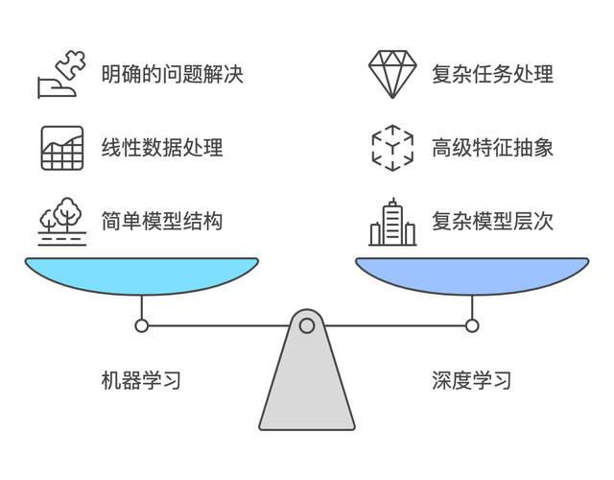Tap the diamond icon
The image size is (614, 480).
coord(392,74)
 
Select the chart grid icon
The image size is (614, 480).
coord(62,148)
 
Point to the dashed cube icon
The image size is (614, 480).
coord(392,148)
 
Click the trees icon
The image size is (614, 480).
coord(62,222)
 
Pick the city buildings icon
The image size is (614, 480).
coord(392,222)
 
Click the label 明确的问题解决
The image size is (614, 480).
coord(173,74)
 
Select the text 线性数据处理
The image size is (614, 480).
coord(162,148)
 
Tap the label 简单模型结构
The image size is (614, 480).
coord(162,222)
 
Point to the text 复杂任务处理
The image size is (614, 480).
coord(492,74)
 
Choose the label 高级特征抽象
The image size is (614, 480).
coord(492,148)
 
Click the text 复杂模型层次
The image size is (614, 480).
coord(492,222)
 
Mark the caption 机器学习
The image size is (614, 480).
coord(141,380)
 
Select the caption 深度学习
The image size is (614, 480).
coord(471,380)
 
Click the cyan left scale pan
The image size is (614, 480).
coord(142,276)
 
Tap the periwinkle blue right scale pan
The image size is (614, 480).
coord(472,276)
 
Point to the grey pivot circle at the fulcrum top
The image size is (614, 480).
coord(307,325)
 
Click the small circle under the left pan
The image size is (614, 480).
coord(142,325)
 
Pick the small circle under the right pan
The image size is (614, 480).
coord(472,325)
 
